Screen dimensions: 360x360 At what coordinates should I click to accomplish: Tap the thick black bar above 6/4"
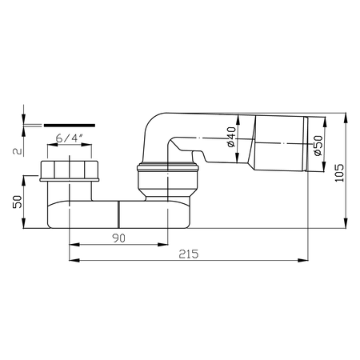point(68,125)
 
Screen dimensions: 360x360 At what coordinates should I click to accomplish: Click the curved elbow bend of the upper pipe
point(155,127)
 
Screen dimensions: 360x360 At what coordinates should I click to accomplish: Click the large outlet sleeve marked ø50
point(280,144)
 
